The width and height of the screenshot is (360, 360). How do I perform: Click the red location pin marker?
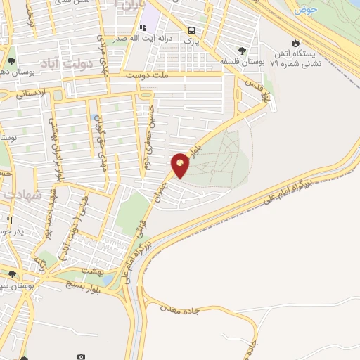[x=181, y=165]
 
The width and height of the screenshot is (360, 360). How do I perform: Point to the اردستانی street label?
[x=30, y=91]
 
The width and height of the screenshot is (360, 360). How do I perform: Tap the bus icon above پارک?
[x=192, y=30]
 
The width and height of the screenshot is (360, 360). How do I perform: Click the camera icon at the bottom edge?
[x=82, y=356]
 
